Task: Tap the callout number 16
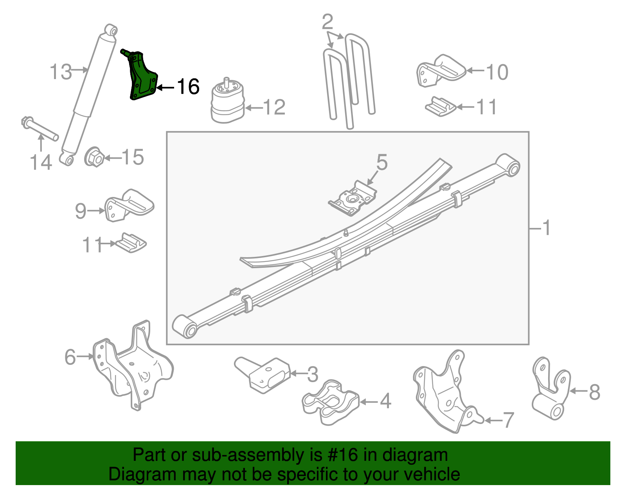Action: coord(188,87)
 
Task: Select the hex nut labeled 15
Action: coord(94,158)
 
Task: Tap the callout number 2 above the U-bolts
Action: coord(327,22)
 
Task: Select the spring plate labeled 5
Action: coord(352,198)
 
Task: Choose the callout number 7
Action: coord(508,420)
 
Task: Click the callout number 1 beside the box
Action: coord(547,228)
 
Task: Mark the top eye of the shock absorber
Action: coord(111,30)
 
